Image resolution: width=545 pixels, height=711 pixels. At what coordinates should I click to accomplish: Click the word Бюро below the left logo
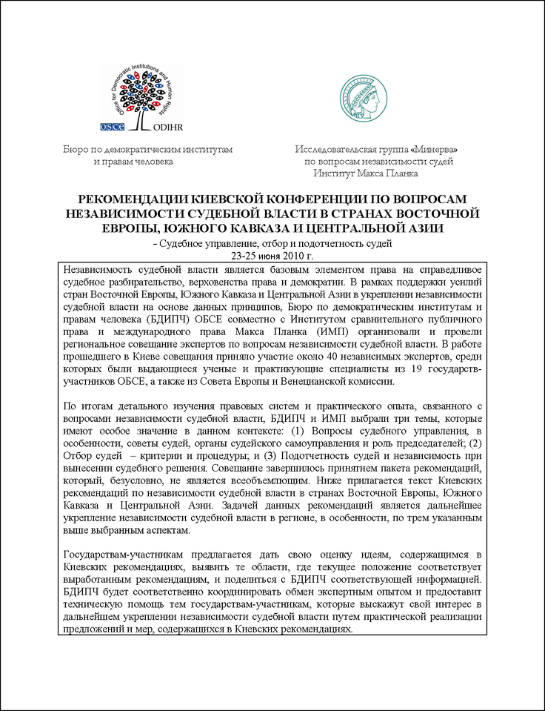75,149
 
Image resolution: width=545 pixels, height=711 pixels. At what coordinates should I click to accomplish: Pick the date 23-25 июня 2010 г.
272,255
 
